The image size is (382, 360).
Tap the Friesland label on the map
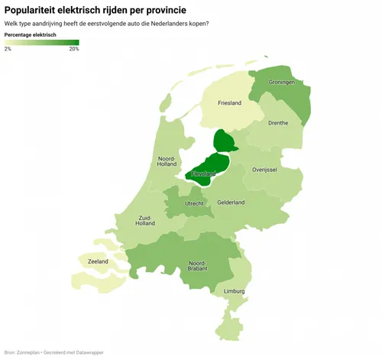point(229,103)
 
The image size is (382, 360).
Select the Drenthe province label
point(278,122)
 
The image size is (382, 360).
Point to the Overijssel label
point(264,169)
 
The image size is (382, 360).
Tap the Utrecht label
point(194,204)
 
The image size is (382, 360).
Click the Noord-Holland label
point(167,161)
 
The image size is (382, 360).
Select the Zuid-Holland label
point(145,220)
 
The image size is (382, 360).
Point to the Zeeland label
point(98,261)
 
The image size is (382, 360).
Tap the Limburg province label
point(235,291)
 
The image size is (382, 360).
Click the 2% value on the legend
point(8,49)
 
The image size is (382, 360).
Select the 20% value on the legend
point(73,49)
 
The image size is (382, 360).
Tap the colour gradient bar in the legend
point(41,42)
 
